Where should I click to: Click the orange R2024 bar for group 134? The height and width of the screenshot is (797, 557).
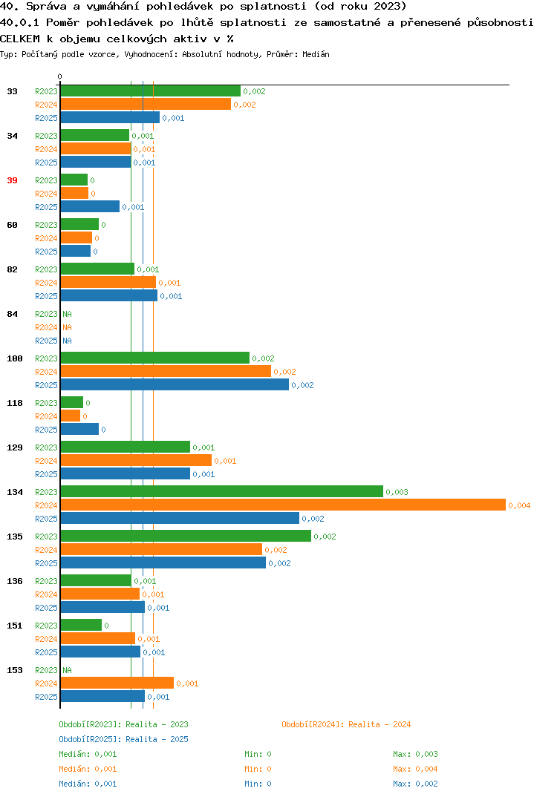click(284, 505)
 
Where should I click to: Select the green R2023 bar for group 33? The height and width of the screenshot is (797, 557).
click(151, 91)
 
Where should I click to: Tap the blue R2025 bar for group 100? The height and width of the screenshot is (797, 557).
click(175, 385)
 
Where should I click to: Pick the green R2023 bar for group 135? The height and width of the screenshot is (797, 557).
click(186, 537)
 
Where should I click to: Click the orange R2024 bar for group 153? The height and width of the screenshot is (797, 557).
click(117, 683)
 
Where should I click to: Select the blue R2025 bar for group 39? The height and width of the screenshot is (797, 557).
click(90, 207)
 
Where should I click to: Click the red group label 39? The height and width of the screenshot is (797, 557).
click(12, 180)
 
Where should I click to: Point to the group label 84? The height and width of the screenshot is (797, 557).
click(12, 314)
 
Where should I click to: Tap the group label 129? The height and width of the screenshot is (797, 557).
click(15, 447)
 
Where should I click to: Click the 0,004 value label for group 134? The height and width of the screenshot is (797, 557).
click(519, 505)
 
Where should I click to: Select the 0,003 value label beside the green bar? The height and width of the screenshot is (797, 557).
click(397, 492)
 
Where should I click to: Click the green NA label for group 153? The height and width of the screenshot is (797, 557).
click(67, 670)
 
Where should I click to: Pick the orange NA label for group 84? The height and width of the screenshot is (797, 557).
click(67, 327)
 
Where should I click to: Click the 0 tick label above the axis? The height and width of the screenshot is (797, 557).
click(59, 76)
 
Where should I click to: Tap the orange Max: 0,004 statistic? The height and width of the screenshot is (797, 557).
click(415, 769)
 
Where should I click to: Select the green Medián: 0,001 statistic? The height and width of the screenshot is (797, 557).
click(88, 754)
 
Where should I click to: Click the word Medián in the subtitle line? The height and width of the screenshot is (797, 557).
click(316, 54)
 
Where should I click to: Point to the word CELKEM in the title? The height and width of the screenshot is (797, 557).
click(20, 39)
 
